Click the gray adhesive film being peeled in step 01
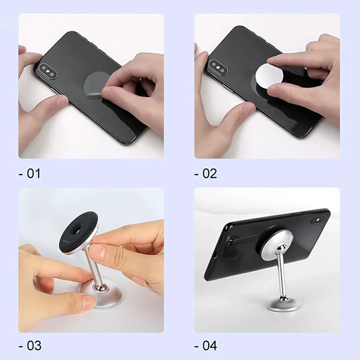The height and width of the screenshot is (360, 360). click(97, 86)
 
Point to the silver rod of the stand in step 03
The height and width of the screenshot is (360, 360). click(94, 266)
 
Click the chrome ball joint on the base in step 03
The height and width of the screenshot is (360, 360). click(99, 287)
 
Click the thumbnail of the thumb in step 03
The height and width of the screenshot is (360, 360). click(88, 302)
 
